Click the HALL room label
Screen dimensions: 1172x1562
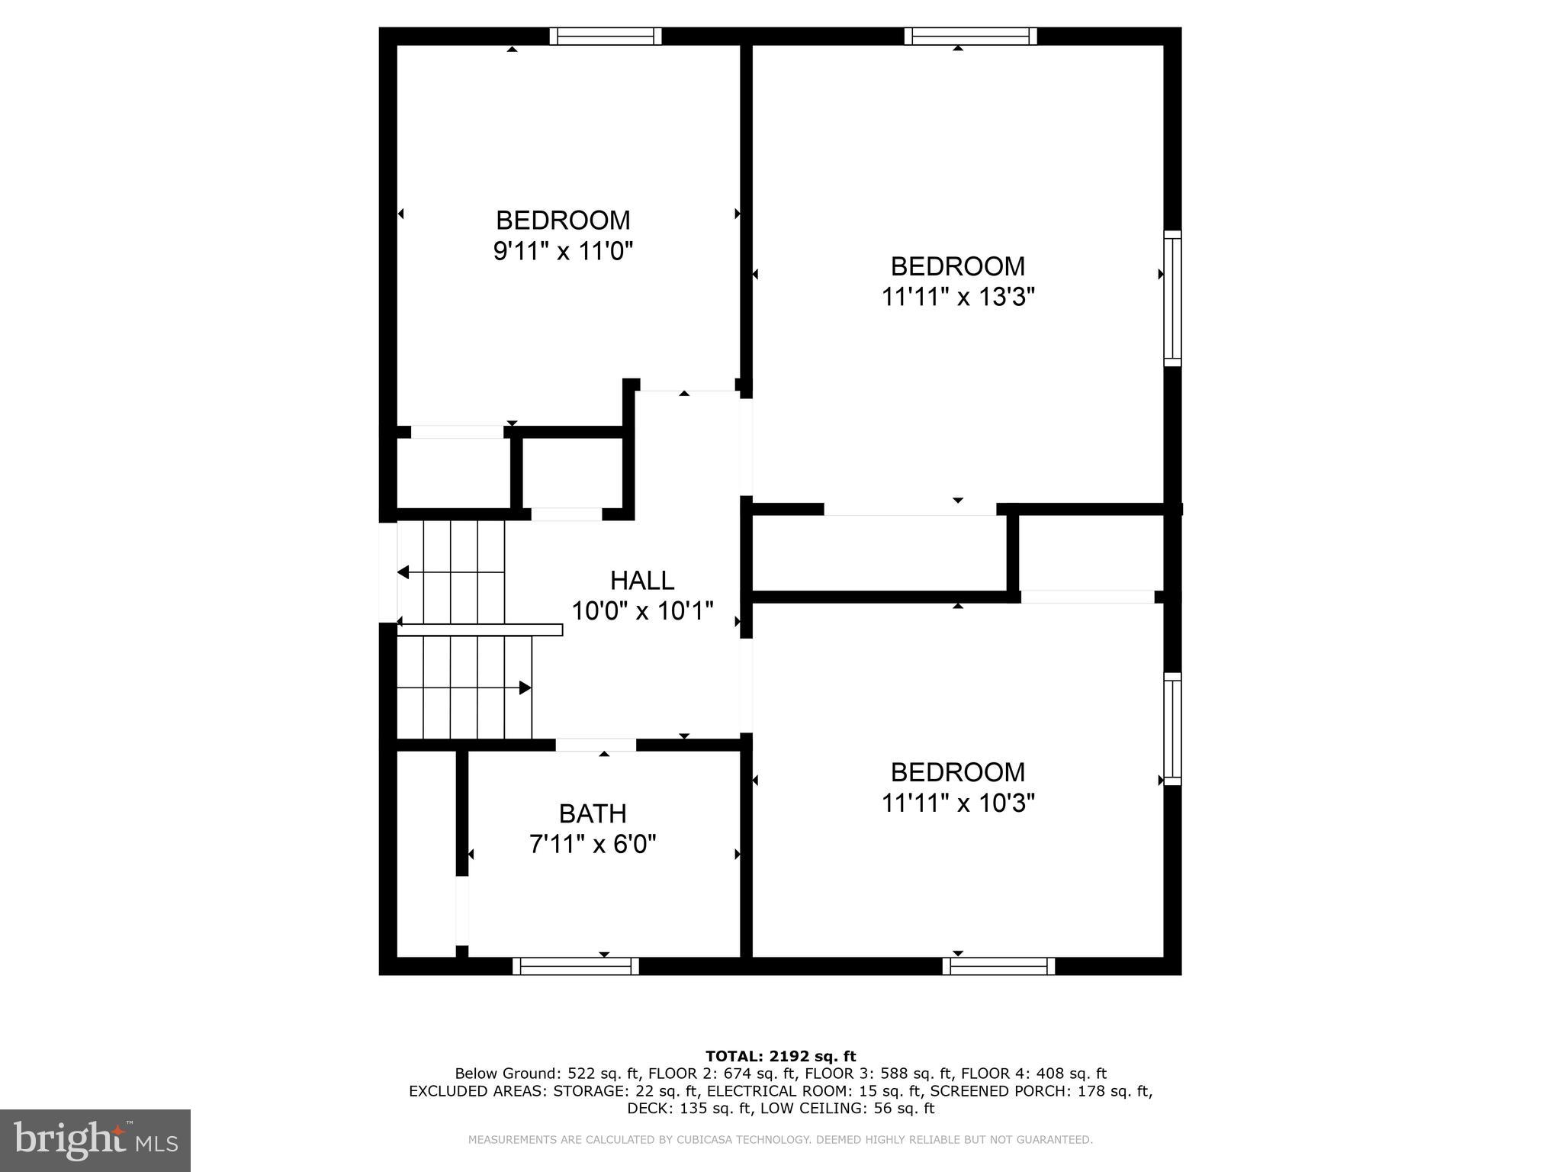pyautogui.click(x=641, y=581)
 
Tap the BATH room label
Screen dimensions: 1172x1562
pyautogui.click(x=593, y=813)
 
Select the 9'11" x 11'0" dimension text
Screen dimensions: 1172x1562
pyautogui.click(x=563, y=251)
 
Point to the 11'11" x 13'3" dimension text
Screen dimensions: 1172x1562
pyautogui.click(x=957, y=297)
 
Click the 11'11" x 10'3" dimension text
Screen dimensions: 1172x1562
pyautogui.click(x=957, y=803)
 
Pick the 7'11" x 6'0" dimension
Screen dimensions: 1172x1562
pyautogui.click(x=593, y=844)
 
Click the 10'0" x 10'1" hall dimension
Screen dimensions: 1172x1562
pyautogui.click(x=641, y=610)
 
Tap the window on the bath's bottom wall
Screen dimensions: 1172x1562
pyautogui.click(x=576, y=966)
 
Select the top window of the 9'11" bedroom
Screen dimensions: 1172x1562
pyautogui.click(x=606, y=36)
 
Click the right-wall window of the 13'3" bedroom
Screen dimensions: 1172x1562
pyautogui.click(x=1172, y=298)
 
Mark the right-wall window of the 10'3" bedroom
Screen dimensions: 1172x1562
pyautogui.click(x=1172, y=729)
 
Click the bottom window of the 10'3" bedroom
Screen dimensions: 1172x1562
pyautogui.click(x=998, y=966)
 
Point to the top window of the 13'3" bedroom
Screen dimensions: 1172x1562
pyautogui.click(x=970, y=36)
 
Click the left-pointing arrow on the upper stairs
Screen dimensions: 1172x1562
pyautogui.click(x=403, y=572)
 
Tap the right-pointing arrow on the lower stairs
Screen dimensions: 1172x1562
pyautogui.click(x=525, y=687)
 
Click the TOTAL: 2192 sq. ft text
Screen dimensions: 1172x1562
pyautogui.click(x=780, y=1056)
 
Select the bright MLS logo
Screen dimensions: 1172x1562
pyautogui.click(x=95, y=1140)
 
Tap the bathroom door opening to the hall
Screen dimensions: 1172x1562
pyautogui.click(x=596, y=745)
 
